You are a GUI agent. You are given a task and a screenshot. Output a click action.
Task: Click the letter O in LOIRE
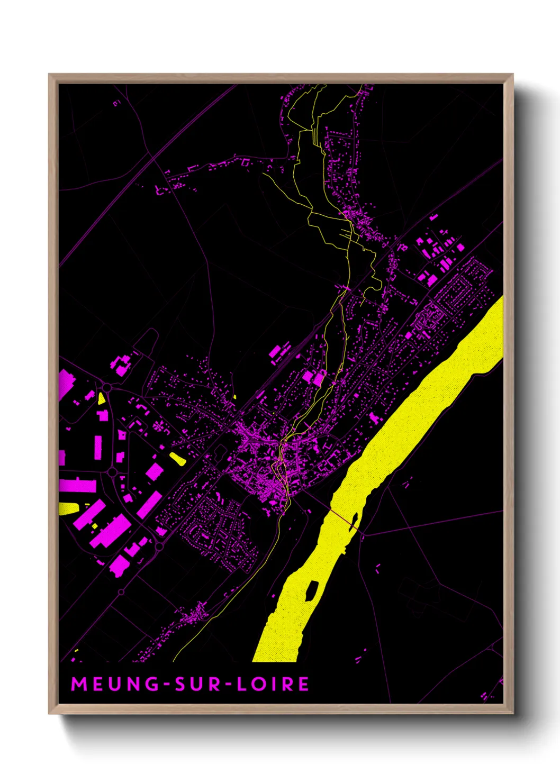tap(258, 684)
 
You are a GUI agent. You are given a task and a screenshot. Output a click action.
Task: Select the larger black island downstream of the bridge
tap(312, 589)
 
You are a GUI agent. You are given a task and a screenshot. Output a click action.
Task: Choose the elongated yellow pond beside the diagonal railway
tap(177, 458)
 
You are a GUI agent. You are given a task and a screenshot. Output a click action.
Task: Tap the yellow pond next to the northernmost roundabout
tap(101, 398)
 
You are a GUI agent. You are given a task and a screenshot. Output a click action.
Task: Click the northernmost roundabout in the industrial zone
tap(107, 388)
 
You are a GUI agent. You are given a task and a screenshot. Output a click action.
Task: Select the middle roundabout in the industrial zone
tap(112, 471)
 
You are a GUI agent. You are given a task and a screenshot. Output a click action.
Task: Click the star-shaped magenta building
tap(159, 425)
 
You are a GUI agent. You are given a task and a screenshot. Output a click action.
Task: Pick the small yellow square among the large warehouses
tap(95, 526)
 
